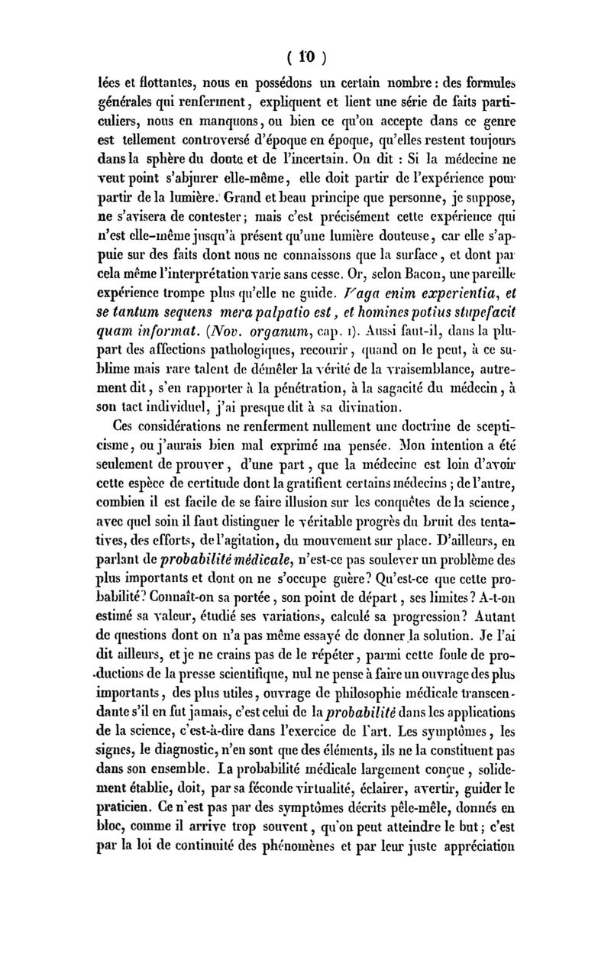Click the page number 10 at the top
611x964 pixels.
click(x=305, y=57)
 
